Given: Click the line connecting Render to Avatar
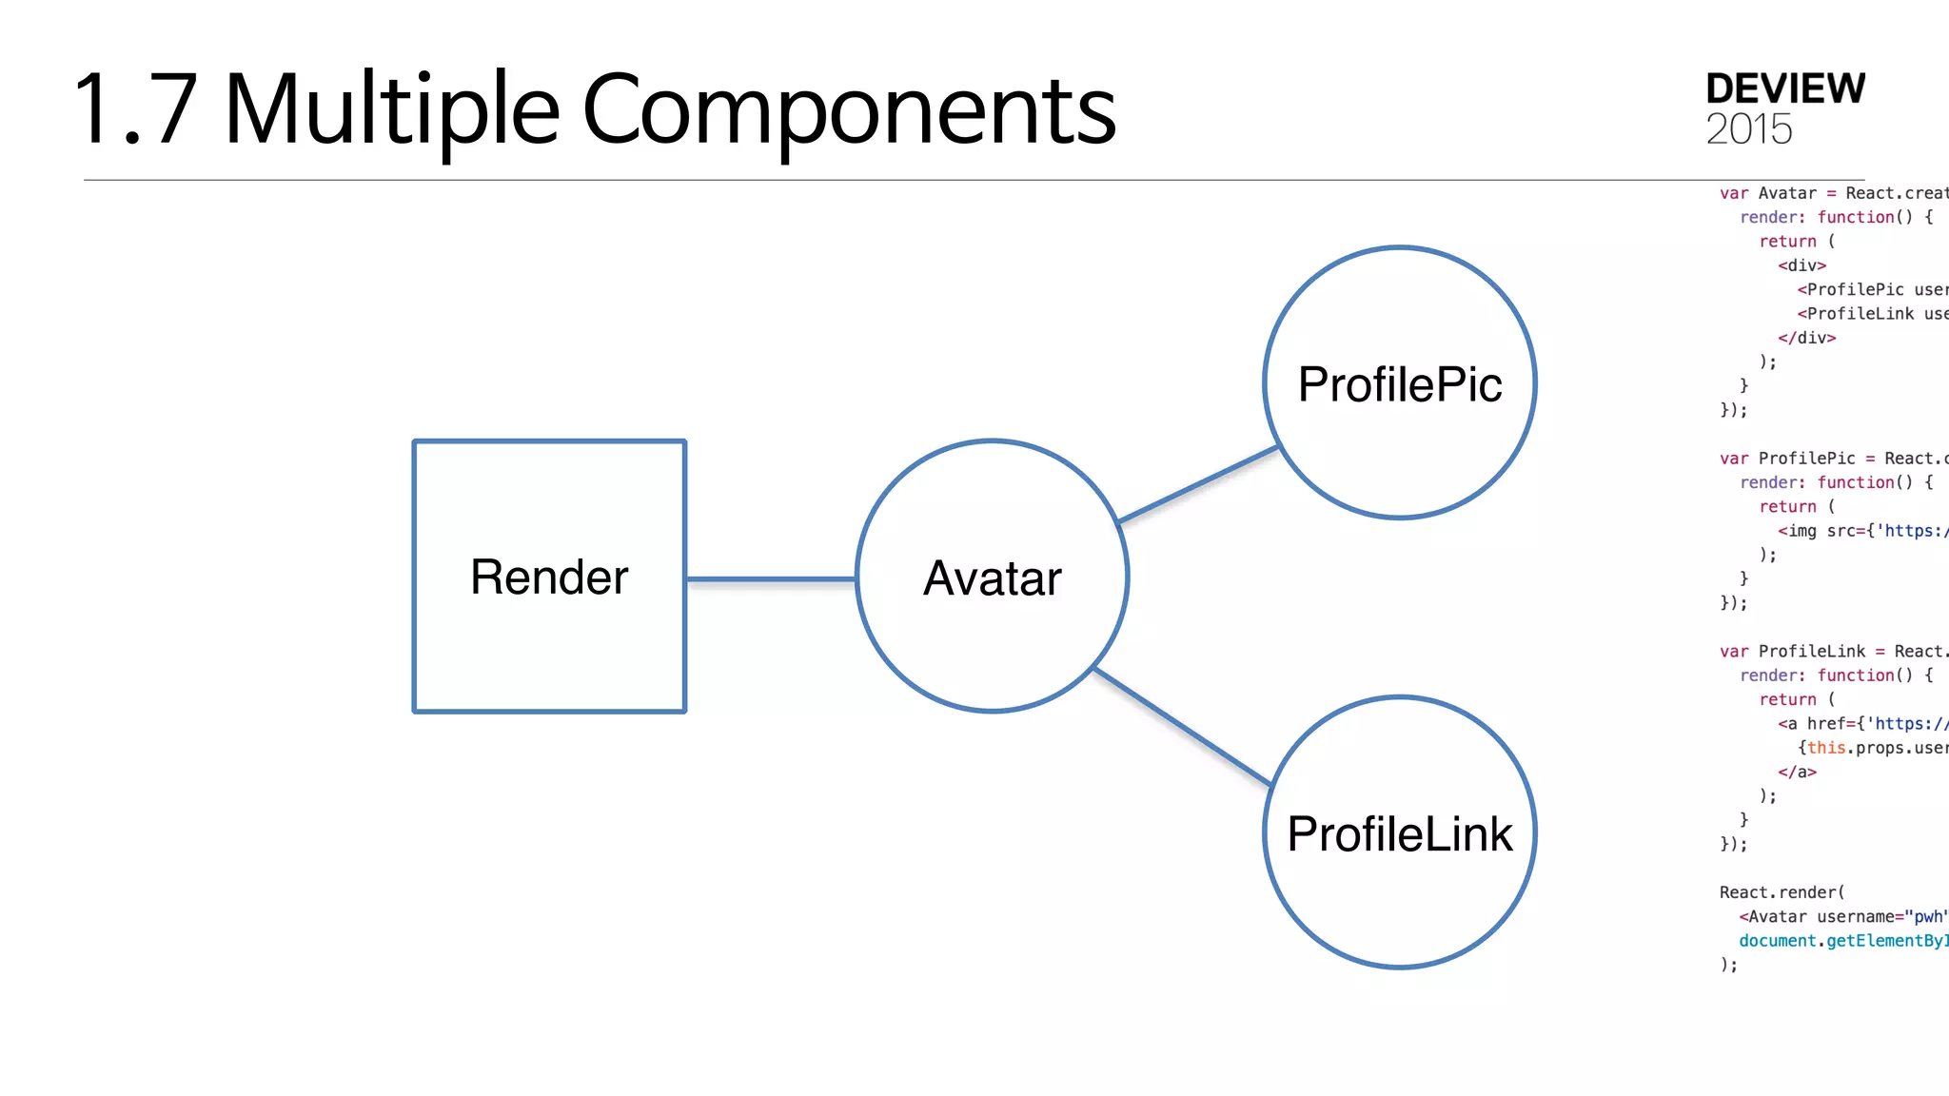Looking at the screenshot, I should point(771,578).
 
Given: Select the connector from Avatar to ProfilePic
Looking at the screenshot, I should point(1197,485).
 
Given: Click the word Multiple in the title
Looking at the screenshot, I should point(391,110).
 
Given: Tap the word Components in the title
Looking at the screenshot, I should point(848,110).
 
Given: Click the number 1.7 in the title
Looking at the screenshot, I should point(134,110).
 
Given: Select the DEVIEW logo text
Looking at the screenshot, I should point(1784,88).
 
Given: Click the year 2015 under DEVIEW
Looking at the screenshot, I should point(1748,129).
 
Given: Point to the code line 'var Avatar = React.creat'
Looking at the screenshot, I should point(1833,193).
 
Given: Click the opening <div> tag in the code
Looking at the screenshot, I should point(1801,265).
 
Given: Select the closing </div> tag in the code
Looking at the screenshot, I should point(1806,338).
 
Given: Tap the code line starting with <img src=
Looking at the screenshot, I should point(1861,531).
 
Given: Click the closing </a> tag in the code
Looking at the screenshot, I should point(1797,772).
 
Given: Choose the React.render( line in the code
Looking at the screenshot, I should point(1782,892).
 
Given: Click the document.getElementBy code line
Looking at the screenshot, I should point(1842,941).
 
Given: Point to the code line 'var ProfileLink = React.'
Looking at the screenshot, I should point(1833,652).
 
